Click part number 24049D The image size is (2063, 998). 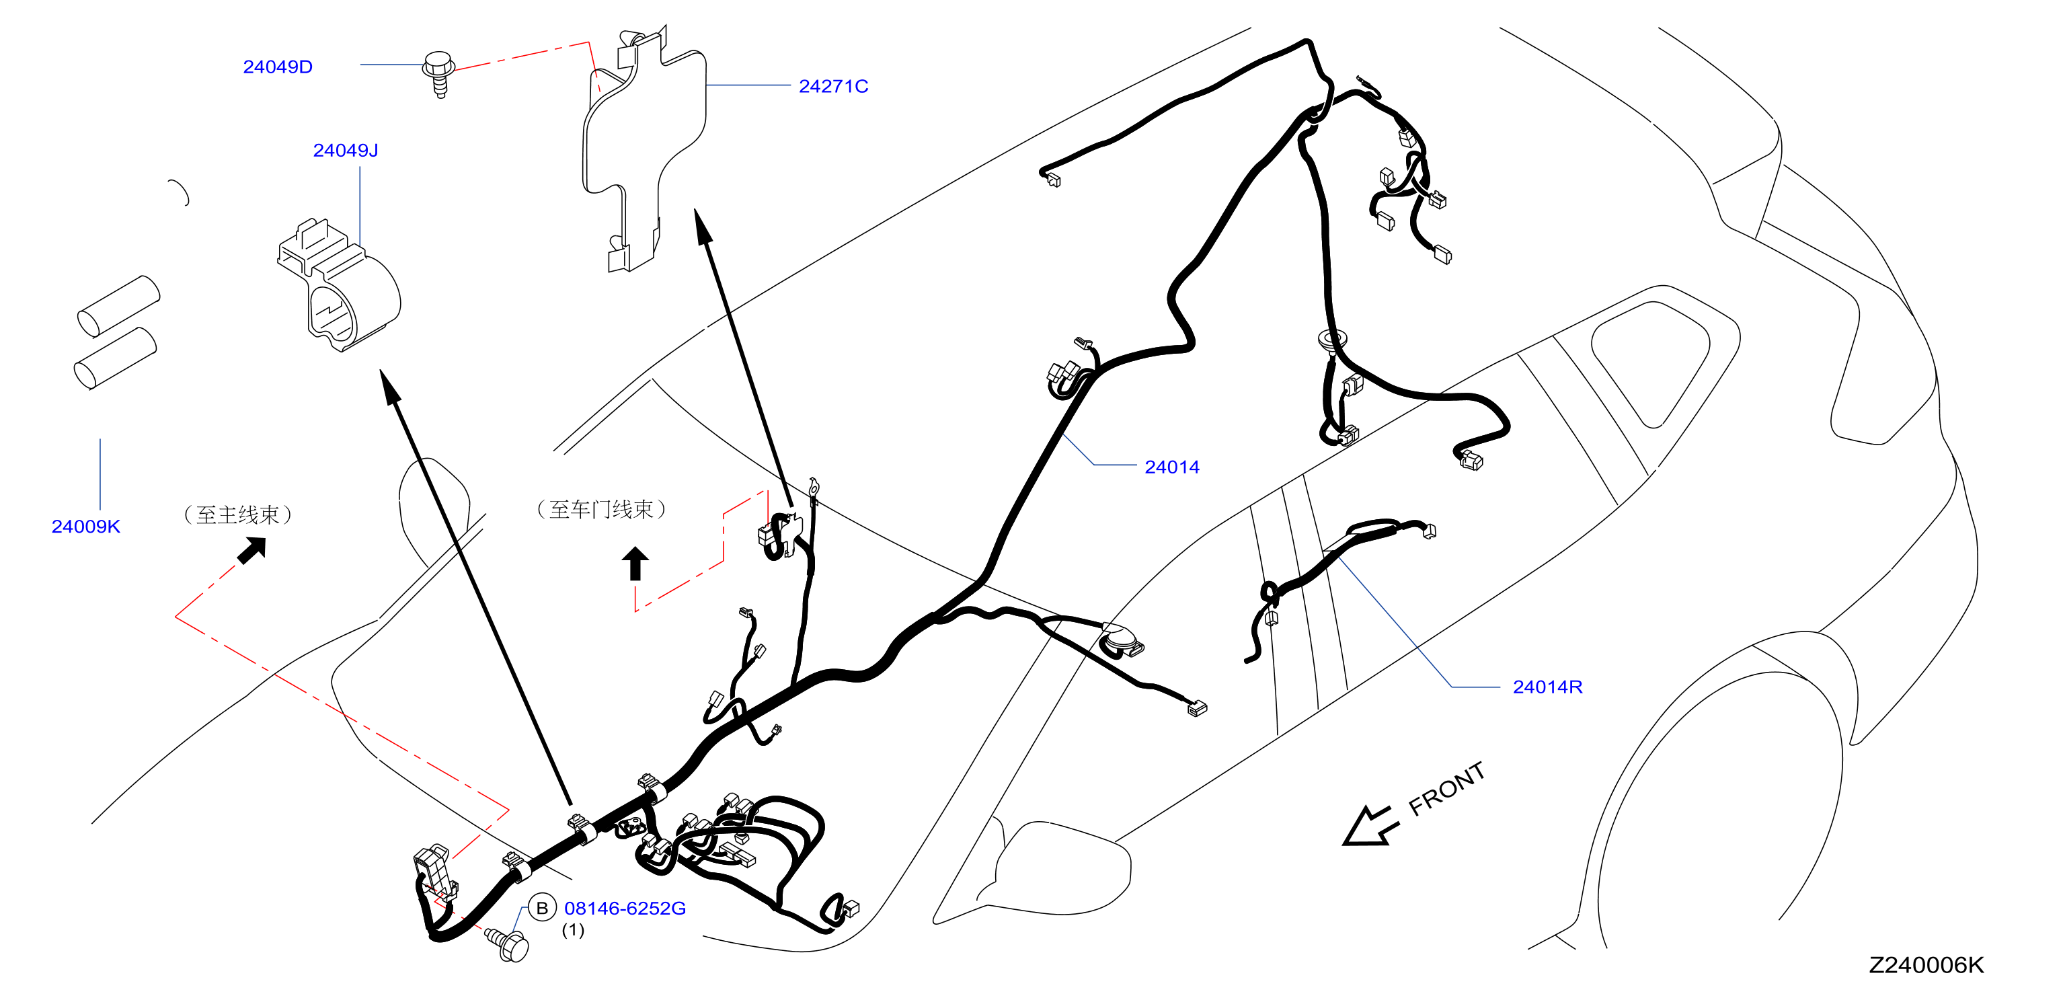[x=277, y=67]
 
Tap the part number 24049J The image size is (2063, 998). [x=345, y=151]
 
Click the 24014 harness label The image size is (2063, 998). [x=1171, y=467]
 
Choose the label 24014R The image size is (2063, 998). [x=1547, y=687]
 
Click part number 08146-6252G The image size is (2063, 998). [x=625, y=909]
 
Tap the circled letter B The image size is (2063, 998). [x=542, y=909]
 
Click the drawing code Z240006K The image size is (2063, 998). [x=1926, y=965]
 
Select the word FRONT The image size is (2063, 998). [x=1446, y=788]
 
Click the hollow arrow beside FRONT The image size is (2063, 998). [x=1371, y=826]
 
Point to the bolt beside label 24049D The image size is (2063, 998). [x=439, y=74]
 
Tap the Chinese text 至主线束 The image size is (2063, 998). [x=238, y=514]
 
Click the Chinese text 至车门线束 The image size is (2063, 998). [x=600, y=509]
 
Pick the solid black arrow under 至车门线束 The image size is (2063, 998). [x=635, y=563]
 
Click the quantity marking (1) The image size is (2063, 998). [x=573, y=930]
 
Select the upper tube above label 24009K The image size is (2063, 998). [x=118, y=306]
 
